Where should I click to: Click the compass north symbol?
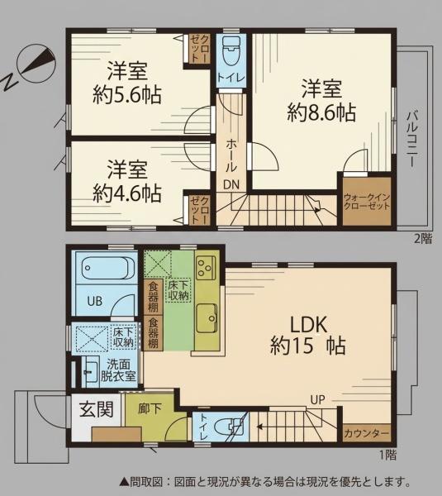[x=31, y=67]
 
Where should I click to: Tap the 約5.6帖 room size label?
[x=127, y=94]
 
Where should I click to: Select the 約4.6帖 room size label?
[x=127, y=193]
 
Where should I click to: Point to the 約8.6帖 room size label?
[x=321, y=112]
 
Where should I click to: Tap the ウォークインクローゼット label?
[x=367, y=202]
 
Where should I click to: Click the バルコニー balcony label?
[x=412, y=139]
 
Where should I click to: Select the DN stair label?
[x=231, y=184]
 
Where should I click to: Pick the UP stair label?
[x=317, y=399]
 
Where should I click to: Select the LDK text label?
[x=308, y=325]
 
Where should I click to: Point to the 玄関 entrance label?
[x=96, y=409]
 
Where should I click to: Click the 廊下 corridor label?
[x=150, y=408]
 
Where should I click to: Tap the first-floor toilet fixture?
[x=230, y=427]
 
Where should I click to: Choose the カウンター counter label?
[x=366, y=433]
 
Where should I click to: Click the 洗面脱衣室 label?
[x=118, y=370]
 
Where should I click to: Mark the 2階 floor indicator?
[x=423, y=239]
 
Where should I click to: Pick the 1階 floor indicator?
[x=387, y=455]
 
